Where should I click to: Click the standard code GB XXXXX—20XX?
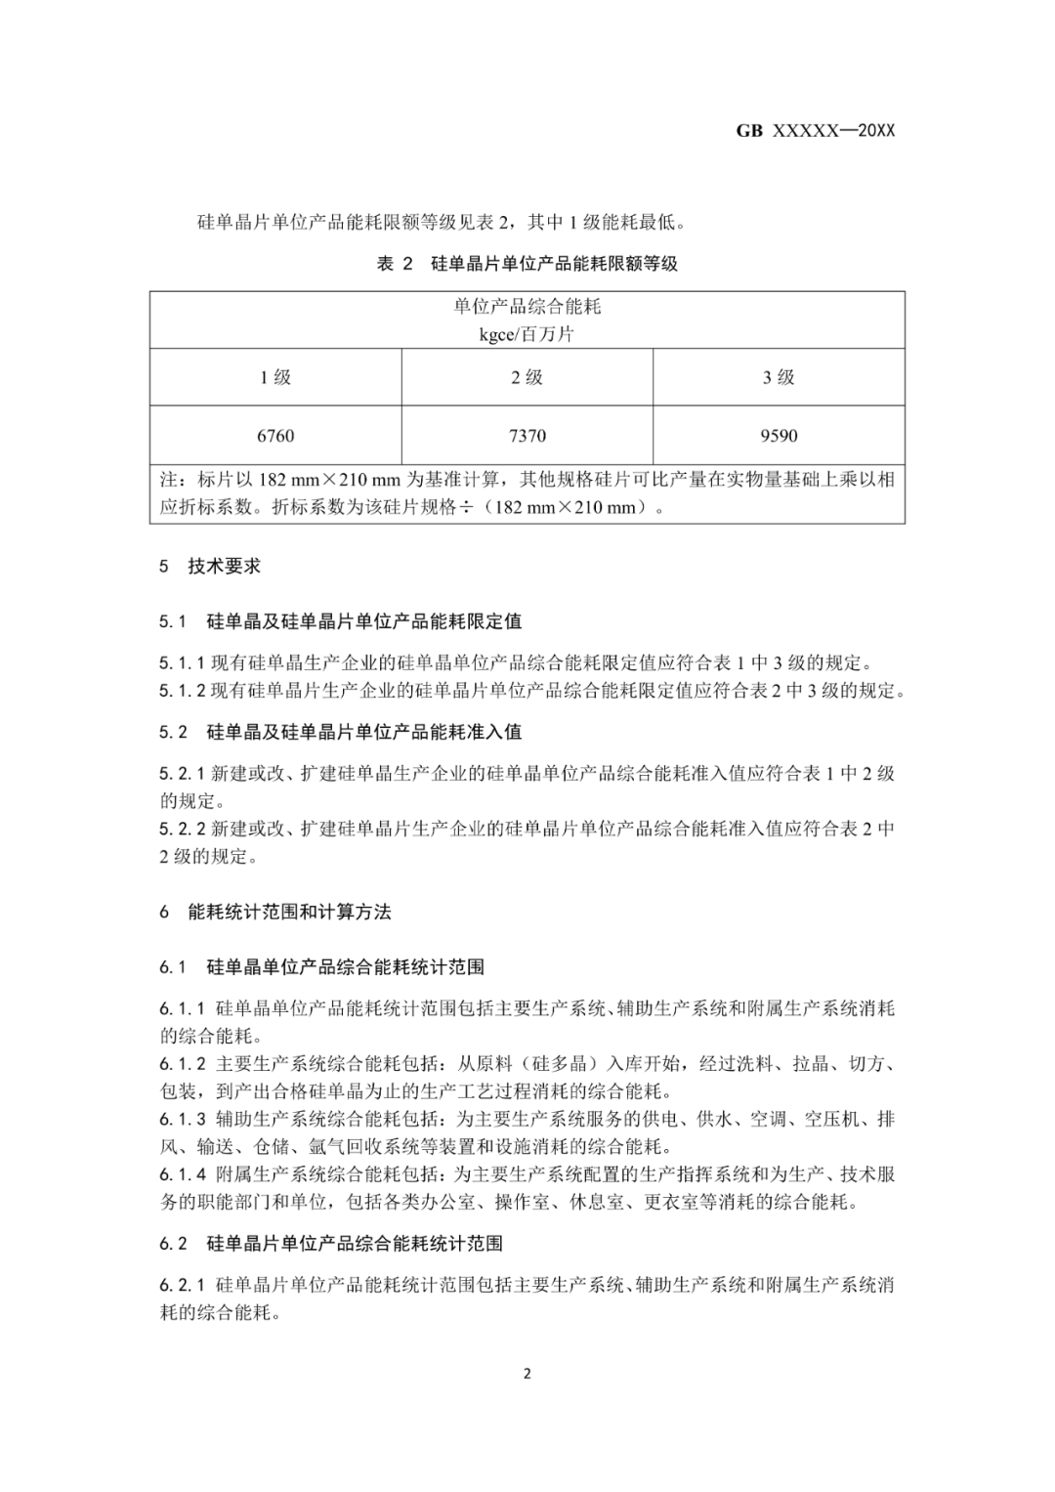pyautogui.click(x=816, y=131)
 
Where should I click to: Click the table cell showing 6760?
pyautogui.click(x=275, y=436)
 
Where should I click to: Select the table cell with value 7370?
pyautogui.click(x=527, y=436)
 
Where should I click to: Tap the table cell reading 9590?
pyautogui.click(x=779, y=436)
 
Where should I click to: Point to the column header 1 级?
pyautogui.click(x=275, y=377)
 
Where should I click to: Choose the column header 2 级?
pyautogui.click(x=527, y=377)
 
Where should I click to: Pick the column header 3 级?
pyautogui.click(x=779, y=377)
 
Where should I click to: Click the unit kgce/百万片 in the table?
pyautogui.click(x=527, y=334)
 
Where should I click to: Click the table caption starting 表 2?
pyautogui.click(x=527, y=264)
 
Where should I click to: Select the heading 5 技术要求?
pyautogui.click(x=210, y=566)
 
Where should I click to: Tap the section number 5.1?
pyautogui.click(x=173, y=621)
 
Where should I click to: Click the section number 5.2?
pyautogui.click(x=173, y=732)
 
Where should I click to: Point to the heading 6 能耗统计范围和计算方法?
pyautogui.click(x=275, y=912)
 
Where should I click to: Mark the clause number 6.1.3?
pyautogui.click(x=183, y=1119)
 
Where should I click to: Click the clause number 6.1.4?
pyautogui.click(x=183, y=1174)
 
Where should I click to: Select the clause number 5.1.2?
pyautogui.click(x=183, y=691)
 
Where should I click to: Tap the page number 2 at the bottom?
pyautogui.click(x=527, y=1374)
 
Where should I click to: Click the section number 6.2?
pyautogui.click(x=173, y=1244)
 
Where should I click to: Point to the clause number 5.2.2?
pyautogui.click(x=183, y=829)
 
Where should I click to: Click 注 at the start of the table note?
pyautogui.click(x=168, y=480)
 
